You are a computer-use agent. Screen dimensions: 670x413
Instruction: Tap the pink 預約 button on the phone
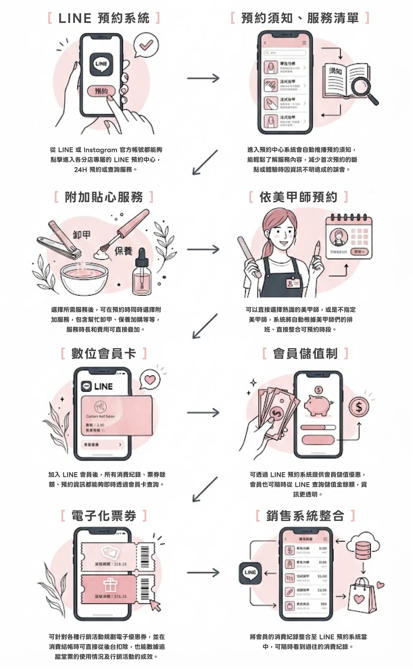(x=101, y=91)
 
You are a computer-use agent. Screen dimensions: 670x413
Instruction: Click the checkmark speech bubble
(x=146, y=45)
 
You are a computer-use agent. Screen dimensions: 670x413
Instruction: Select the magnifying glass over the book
(x=363, y=87)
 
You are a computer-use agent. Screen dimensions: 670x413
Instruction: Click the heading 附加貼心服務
(x=104, y=197)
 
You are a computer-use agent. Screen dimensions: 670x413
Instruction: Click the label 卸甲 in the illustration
(x=81, y=235)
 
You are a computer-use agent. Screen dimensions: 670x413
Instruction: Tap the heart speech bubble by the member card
(x=150, y=379)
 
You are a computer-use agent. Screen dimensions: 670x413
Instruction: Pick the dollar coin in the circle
(x=359, y=407)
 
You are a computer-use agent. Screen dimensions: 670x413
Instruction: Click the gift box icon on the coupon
(x=110, y=584)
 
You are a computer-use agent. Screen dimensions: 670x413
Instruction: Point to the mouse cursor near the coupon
(x=156, y=605)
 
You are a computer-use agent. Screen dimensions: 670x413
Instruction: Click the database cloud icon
(x=363, y=546)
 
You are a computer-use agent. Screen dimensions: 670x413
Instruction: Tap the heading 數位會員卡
(x=104, y=354)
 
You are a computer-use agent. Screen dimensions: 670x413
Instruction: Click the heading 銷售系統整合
(x=305, y=516)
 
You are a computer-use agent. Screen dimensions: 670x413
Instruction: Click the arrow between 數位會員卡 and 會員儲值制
(x=203, y=413)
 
